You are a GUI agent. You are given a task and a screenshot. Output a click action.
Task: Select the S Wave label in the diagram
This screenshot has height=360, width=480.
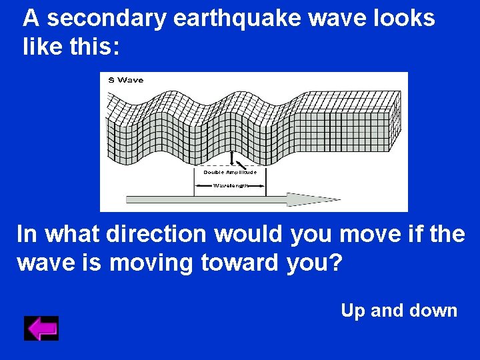(x=125, y=81)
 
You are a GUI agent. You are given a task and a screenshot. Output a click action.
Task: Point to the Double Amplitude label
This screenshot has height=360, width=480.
(x=230, y=172)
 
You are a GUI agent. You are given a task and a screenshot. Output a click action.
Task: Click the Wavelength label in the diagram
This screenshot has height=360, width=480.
(x=230, y=185)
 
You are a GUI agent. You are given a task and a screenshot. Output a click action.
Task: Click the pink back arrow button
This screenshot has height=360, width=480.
(x=41, y=329)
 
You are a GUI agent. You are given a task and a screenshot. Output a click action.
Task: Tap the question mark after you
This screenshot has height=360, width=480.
(x=336, y=263)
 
